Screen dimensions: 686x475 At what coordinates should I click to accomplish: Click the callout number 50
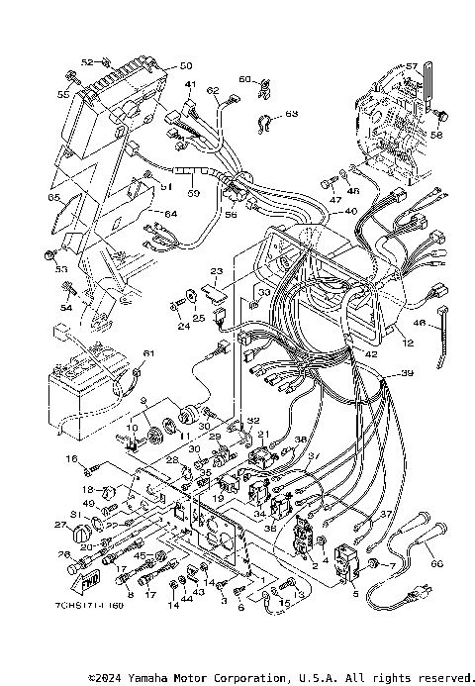click(x=184, y=66)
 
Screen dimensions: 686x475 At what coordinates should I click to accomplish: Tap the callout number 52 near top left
click(x=86, y=61)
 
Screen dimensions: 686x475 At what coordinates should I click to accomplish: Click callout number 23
click(x=217, y=270)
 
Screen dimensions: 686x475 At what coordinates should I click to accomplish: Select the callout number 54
click(x=66, y=309)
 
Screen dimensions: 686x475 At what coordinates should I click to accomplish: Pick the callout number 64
click(x=170, y=214)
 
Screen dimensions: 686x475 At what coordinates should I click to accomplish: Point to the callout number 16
click(x=70, y=459)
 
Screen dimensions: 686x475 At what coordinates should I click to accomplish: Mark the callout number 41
click(x=190, y=84)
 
